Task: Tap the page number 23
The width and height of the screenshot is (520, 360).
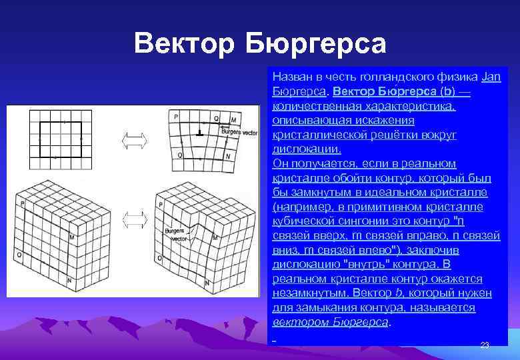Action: pos(485,345)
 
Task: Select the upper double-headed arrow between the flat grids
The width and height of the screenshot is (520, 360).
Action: pos(134,141)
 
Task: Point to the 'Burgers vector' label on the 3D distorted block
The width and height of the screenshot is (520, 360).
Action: pos(175,234)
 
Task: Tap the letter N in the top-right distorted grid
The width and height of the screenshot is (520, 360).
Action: pos(228,156)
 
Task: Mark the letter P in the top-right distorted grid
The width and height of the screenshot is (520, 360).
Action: pos(176,117)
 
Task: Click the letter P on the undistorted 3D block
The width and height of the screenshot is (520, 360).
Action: pos(22,203)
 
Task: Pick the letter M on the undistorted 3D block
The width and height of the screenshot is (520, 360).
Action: pos(71,237)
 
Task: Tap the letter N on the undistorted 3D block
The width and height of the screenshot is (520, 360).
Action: pos(69,282)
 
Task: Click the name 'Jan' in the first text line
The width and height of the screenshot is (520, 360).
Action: pos(491,77)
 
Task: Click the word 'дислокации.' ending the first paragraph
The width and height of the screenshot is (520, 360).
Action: pos(307,149)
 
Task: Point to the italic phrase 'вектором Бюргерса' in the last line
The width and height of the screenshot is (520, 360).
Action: pos(331,322)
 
